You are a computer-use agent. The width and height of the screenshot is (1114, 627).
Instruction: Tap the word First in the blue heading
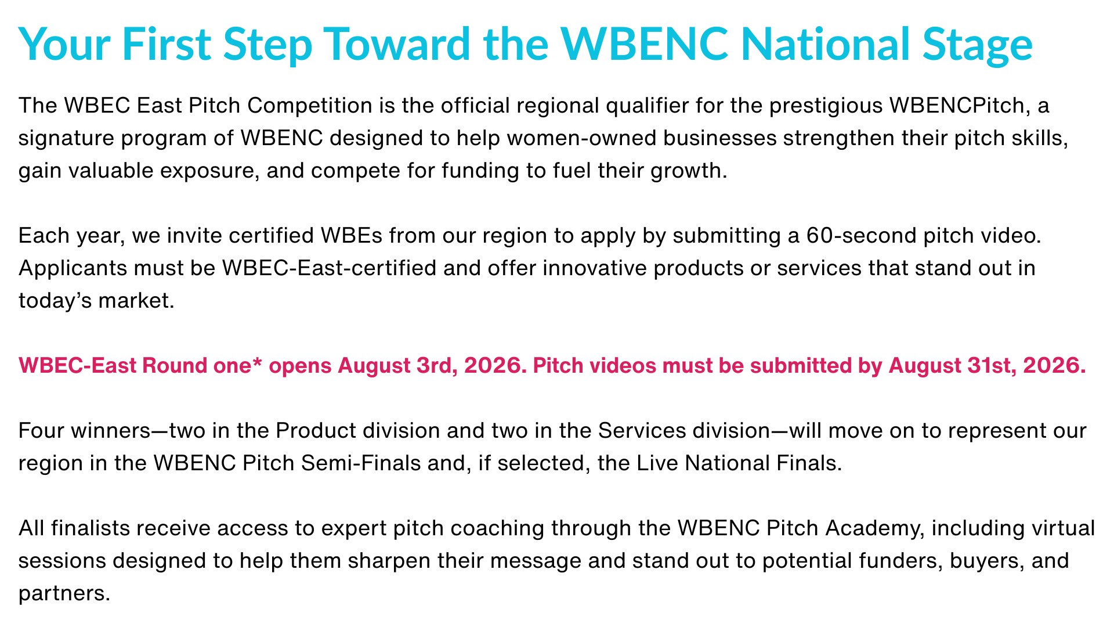[167, 44]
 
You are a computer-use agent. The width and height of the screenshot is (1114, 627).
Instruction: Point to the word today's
[54, 301]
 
